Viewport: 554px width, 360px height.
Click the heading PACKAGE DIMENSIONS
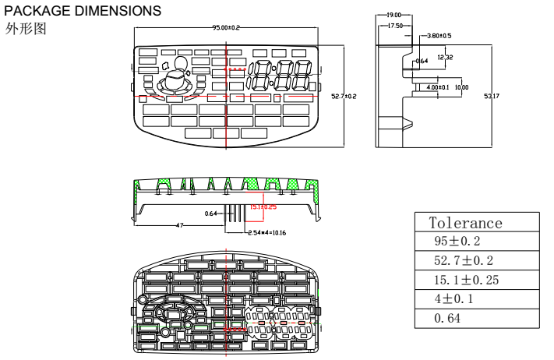click(83, 11)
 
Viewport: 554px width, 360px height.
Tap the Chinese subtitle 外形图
click(26, 29)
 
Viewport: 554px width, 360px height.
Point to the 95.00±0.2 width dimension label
click(226, 28)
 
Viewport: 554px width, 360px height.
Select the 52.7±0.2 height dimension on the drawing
click(344, 97)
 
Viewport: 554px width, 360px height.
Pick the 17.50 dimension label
click(395, 26)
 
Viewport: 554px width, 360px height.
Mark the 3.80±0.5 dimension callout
click(439, 36)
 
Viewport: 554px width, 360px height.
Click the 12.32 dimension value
click(445, 57)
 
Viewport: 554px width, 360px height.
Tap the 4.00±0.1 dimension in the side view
click(437, 87)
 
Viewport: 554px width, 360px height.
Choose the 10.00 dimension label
click(462, 87)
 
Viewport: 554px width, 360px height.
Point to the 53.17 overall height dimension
click(492, 97)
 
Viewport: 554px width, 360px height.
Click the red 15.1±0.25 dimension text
click(263, 206)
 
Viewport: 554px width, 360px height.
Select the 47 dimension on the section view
click(179, 225)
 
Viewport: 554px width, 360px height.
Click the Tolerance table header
click(466, 223)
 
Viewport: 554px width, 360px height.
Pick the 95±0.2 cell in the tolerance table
click(457, 242)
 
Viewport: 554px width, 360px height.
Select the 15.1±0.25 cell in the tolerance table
click(466, 280)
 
